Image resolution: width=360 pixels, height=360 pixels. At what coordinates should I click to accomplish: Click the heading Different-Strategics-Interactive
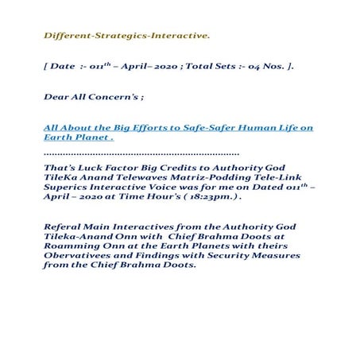click(127, 36)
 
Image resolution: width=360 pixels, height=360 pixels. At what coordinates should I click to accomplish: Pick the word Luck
click(91, 167)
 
